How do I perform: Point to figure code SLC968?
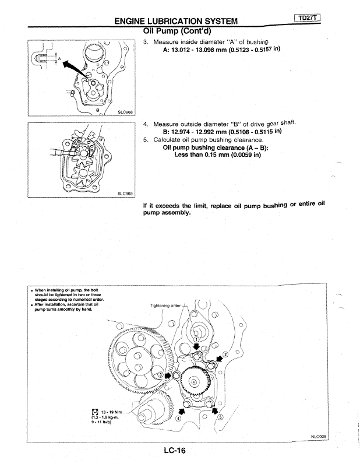(x=125, y=112)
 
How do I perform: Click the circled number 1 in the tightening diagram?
(x=196, y=339)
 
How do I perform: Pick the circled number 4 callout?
(x=178, y=416)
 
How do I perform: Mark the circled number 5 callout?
(x=220, y=416)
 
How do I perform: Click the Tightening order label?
(x=165, y=306)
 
